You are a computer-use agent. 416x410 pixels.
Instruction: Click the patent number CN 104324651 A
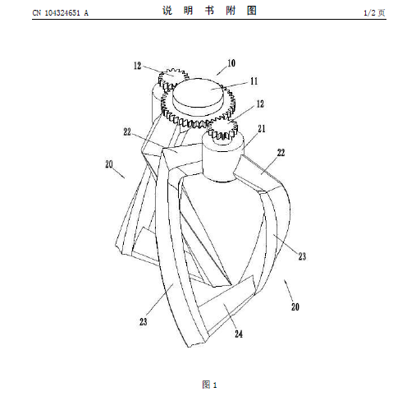[61, 12]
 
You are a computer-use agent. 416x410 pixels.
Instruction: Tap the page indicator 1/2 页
[374, 12]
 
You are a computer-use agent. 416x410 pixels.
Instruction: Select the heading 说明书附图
[209, 11]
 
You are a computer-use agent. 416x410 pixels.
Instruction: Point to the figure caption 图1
[209, 385]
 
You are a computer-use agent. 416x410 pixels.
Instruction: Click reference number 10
[231, 63]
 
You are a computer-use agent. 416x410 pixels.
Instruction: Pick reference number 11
[254, 81]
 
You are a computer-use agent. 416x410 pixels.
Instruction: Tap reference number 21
[262, 129]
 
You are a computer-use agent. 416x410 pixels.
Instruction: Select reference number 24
[239, 334]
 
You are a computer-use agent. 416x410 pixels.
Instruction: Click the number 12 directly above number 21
[260, 104]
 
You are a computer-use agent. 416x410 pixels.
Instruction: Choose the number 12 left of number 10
[137, 66]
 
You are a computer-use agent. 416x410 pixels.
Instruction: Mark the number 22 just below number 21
[281, 153]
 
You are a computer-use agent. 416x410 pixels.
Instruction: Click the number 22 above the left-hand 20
[127, 131]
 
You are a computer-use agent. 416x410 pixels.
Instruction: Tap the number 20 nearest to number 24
[295, 306]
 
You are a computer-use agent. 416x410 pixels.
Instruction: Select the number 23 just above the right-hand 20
[302, 256]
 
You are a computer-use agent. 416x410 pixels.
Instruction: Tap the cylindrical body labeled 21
[223, 159]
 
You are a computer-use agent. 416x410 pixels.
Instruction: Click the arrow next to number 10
[222, 71]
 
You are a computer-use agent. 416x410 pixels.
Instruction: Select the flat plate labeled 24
[227, 306]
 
